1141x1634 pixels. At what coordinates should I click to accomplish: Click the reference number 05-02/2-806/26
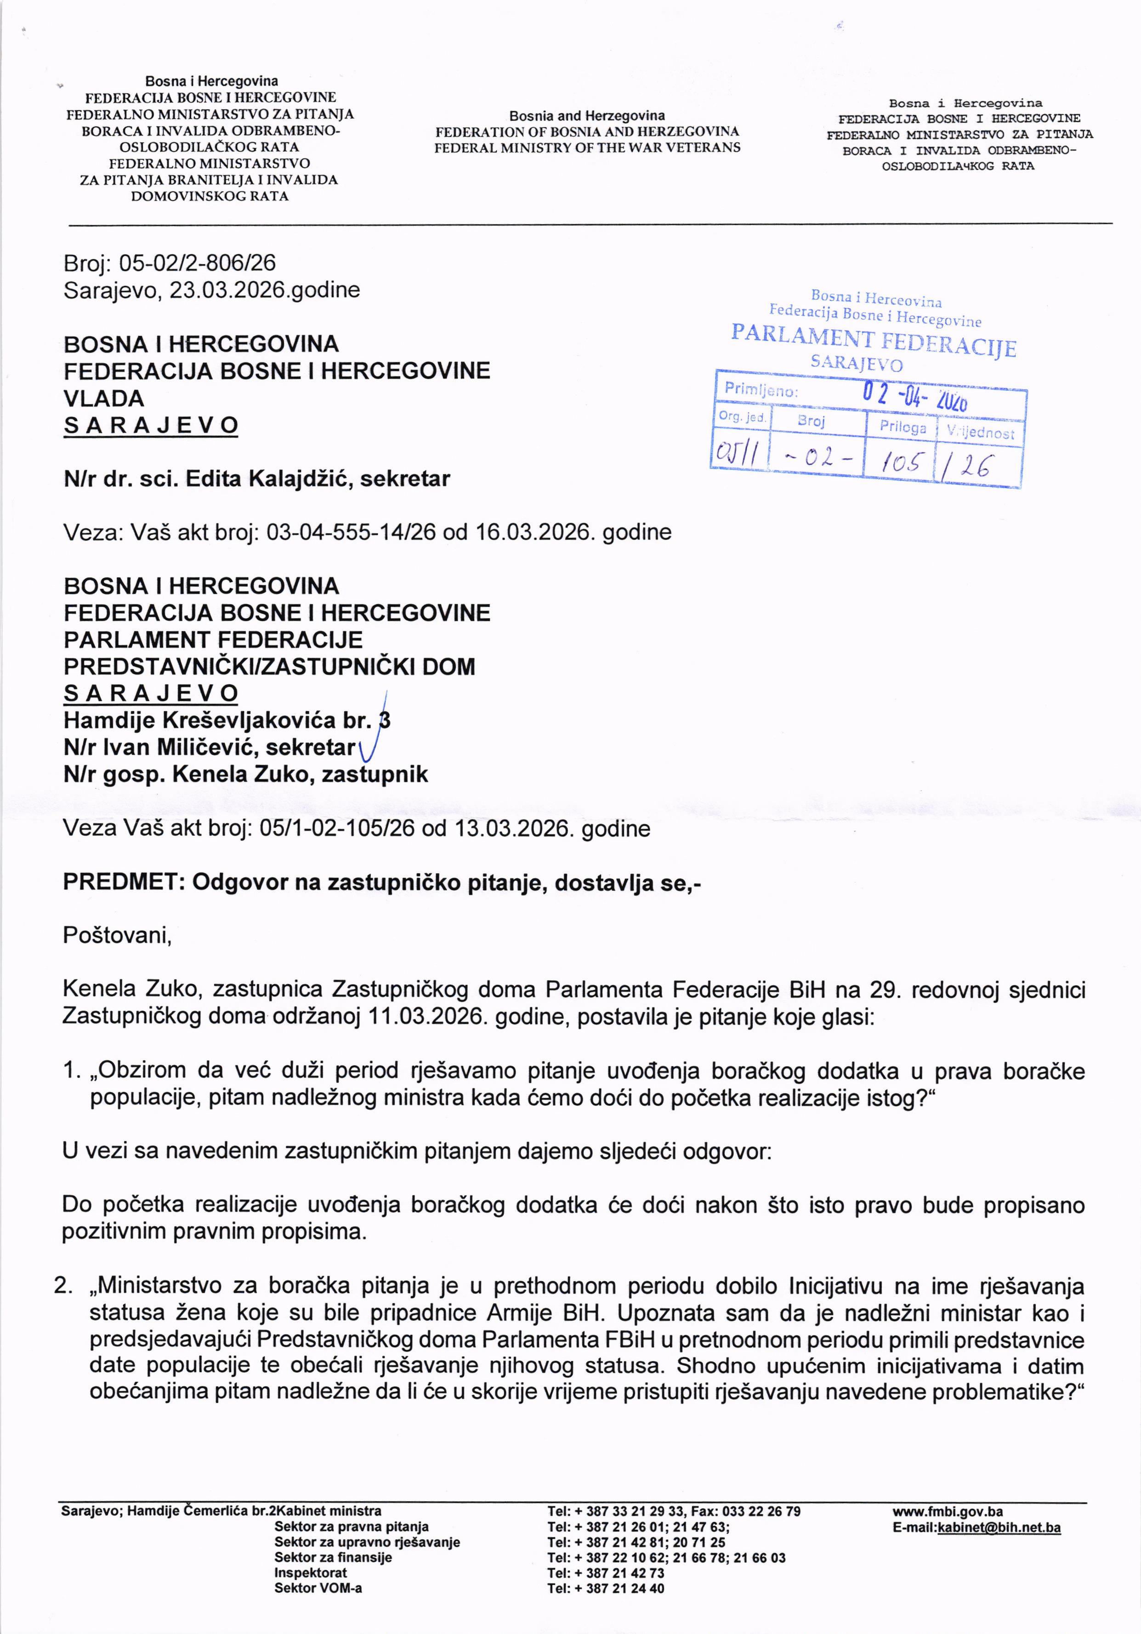coord(197,263)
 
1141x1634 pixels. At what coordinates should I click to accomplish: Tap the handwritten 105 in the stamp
coord(903,464)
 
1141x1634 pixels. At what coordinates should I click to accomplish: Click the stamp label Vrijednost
coord(980,432)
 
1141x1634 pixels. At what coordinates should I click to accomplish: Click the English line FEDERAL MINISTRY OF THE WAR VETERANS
coord(587,147)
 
